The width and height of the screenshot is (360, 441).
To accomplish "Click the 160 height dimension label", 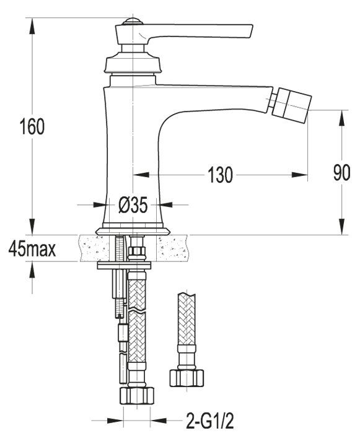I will tap(32, 127).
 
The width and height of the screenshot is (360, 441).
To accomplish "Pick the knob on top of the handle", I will tap(130, 23).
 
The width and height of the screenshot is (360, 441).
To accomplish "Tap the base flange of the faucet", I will tap(133, 229).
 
